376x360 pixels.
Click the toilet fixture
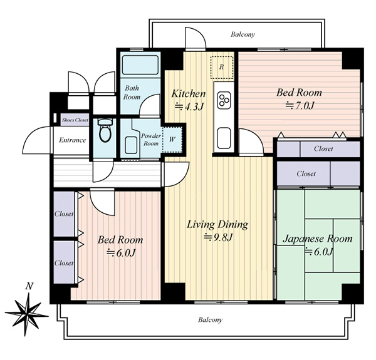pos(105,130)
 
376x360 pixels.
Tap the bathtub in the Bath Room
pos(140,65)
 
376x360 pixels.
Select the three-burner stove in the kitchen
pos(224,100)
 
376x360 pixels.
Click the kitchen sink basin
pos(224,138)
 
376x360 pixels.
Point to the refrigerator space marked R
pos(222,68)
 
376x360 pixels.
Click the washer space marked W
pos(172,140)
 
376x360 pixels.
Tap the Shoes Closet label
pos(75,120)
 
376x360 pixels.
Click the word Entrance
pos(73,140)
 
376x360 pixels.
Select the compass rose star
pos(27,314)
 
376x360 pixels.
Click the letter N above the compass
pos(29,286)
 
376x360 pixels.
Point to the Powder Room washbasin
pos(131,145)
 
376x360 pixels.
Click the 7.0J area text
pos(300,105)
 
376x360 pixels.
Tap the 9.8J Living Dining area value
pos(218,237)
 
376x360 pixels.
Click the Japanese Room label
pos(318,239)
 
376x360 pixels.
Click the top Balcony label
pos(243,34)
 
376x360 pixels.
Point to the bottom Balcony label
pos(210,320)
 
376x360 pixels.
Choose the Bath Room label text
pos(132,93)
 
